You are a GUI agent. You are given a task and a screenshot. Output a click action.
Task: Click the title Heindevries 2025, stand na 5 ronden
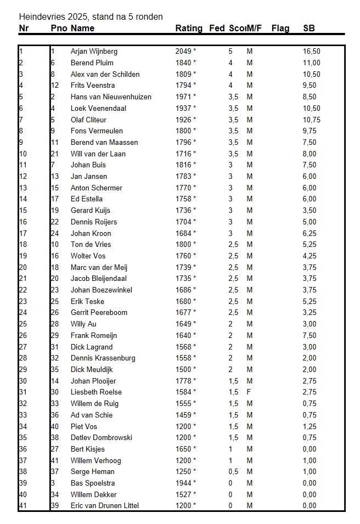pos(91,17)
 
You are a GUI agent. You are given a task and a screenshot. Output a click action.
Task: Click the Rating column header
pos(189,29)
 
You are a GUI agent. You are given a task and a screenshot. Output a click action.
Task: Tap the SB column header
pos(309,29)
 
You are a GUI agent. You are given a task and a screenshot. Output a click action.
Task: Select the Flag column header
pos(280,29)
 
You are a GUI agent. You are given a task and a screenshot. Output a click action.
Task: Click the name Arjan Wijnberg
pos(94,52)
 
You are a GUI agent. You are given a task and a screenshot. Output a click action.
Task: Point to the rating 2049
pos(183,52)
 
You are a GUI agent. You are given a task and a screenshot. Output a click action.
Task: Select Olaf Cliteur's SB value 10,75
pos(311,120)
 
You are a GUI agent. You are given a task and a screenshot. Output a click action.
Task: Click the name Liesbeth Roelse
pos(96,392)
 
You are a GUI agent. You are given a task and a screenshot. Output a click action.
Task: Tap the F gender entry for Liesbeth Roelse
pos(250,392)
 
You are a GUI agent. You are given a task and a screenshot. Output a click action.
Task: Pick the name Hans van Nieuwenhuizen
pos(111,97)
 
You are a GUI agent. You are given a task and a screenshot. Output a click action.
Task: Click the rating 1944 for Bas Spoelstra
pos(183,483)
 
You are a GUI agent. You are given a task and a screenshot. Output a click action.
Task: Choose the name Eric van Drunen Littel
pos(105,506)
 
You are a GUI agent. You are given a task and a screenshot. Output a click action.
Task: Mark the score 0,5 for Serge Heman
pos(233,472)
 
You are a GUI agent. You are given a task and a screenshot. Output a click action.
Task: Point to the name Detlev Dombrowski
pos(101,438)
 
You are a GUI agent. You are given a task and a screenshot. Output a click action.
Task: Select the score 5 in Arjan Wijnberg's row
pos(230,52)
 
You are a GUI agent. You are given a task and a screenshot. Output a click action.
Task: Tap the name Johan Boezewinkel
pos(102,290)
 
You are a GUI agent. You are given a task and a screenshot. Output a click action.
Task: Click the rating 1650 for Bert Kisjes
pos(183,449)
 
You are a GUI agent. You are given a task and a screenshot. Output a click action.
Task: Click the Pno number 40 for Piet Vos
pos(54,426)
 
